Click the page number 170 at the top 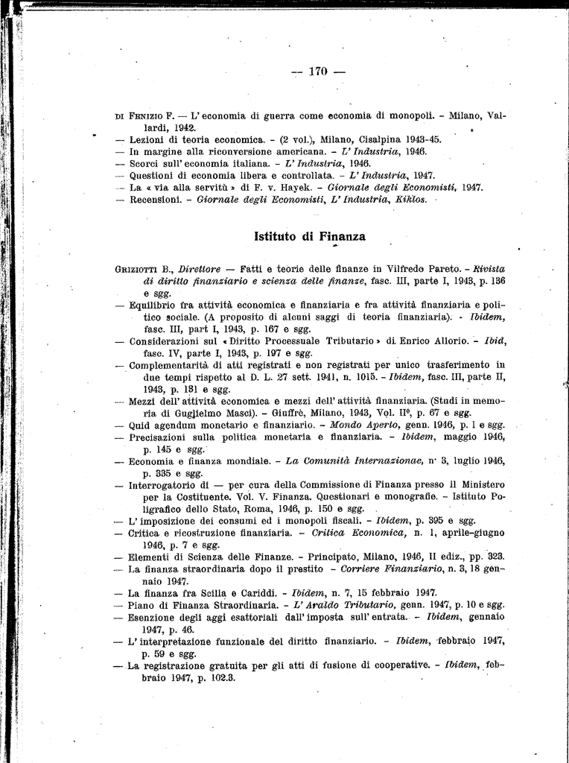click(318, 72)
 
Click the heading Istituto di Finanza click(310, 236)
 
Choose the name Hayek click(284, 187)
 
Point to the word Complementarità click(171, 364)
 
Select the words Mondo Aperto click(355, 424)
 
